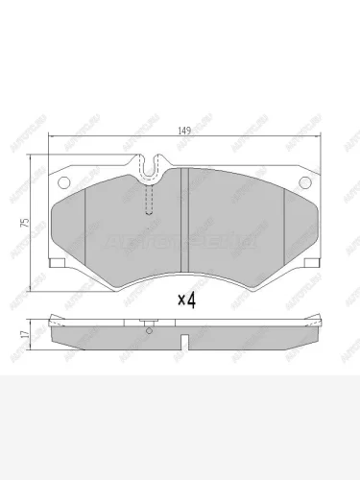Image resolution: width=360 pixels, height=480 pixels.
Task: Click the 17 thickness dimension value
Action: pos(36,335)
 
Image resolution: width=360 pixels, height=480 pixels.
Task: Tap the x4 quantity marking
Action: pos(186,300)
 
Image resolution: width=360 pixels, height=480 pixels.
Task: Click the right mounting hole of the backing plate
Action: pos(306,184)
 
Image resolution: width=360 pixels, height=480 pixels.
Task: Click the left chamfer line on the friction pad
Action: pos(87,226)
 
